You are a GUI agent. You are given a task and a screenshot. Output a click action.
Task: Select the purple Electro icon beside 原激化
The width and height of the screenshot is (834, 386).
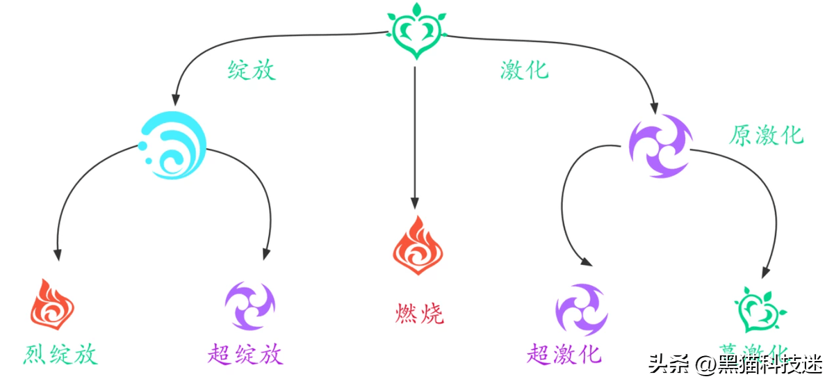(x=660, y=146)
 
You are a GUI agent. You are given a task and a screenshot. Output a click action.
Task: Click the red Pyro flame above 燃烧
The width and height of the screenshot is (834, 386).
(x=418, y=246)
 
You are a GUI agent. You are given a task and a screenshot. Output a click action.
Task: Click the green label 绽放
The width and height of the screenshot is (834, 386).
(x=252, y=70)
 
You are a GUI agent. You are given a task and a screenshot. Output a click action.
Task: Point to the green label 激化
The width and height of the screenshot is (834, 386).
(x=524, y=70)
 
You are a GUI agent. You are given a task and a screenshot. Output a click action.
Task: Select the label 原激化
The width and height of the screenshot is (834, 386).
(x=766, y=134)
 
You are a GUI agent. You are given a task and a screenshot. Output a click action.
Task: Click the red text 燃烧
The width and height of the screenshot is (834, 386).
(x=418, y=314)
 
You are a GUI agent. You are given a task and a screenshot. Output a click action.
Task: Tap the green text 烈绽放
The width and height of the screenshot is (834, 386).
(x=60, y=355)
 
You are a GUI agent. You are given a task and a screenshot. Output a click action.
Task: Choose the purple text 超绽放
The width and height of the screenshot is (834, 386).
(x=245, y=355)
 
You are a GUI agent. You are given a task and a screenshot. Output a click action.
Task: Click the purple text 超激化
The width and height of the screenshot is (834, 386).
(x=564, y=355)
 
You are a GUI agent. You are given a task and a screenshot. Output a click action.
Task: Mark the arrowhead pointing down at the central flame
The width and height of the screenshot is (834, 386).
(x=415, y=202)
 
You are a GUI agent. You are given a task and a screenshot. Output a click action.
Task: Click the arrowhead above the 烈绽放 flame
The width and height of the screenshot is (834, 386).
(x=58, y=255)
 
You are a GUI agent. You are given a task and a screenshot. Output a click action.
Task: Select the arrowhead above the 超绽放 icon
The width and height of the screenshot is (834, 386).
(x=265, y=254)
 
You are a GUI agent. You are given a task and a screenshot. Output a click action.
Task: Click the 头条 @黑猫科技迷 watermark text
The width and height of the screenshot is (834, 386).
(x=735, y=364)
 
